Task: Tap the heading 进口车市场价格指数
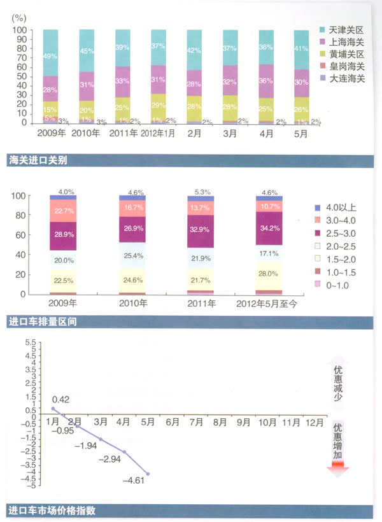pos(52,510)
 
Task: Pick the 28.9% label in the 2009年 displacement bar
pos(63,236)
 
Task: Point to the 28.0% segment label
pos(269,274)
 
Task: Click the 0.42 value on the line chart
pos(60,399)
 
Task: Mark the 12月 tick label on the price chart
pos(313,421)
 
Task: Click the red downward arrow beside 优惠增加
pos(337,468)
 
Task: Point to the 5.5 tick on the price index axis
pos(30,342)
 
